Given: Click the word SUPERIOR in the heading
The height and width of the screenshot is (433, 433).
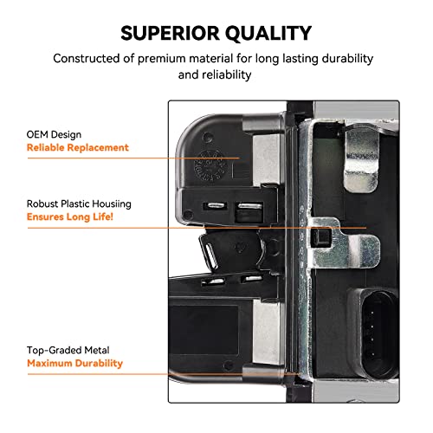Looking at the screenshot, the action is click(x=170, y=33).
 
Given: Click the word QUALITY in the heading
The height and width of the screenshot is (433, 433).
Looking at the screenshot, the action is click(x=268, y=34).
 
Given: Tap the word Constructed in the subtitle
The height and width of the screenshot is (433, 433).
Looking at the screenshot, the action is click(x=87, y=58).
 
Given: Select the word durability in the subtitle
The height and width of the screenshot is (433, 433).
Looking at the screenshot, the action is click(x=347, y=59).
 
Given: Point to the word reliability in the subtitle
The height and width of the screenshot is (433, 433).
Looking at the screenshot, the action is click(x=227, y=74).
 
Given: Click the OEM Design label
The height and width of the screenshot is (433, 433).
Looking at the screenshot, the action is click(x=54, y=134).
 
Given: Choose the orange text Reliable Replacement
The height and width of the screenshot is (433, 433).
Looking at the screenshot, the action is click(x=78, y=147).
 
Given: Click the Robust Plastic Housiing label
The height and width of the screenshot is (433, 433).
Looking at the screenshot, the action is click(x=79, y=204).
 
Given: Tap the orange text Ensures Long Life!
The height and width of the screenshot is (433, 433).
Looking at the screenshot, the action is click(x=70, y=216).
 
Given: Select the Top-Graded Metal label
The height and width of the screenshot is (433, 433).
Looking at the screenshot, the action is click(x=68, y=350).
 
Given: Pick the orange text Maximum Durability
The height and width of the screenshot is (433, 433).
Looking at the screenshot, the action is click(x=74, y=363).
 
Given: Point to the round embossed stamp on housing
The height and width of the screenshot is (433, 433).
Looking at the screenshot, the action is click(x=209, y=165).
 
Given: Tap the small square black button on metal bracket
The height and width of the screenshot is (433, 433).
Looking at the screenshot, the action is click(x=320, y=237).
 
